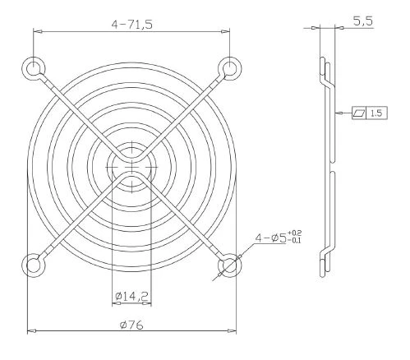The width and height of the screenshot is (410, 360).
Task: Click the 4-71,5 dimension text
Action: pos(131,25)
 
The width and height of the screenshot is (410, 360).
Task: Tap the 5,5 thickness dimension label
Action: pos(363,21)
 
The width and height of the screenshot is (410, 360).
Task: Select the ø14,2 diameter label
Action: pos(132,296)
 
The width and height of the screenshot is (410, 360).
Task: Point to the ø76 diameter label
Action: pos(131,325)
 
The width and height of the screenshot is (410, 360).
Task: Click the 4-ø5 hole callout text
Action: pos(270,238)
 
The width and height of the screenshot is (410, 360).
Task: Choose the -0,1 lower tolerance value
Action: pos(295,241)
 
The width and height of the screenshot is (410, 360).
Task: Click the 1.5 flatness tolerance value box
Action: pos(376,113)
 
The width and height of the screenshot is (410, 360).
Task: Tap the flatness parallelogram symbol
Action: pos(359,113)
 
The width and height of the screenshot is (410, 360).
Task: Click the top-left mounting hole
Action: pos(33,68)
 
